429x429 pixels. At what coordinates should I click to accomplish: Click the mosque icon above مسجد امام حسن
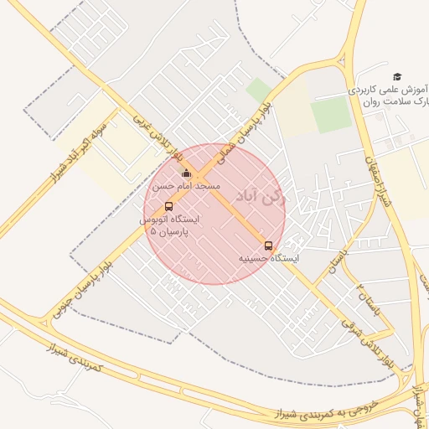[186, 173]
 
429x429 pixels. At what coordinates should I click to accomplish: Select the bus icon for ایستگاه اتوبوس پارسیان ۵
[169, 206]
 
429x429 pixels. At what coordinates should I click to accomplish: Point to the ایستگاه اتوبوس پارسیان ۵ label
[171, 224]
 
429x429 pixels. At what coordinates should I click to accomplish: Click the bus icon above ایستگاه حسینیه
[268, 246]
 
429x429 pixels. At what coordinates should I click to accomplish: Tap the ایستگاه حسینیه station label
[269, 259]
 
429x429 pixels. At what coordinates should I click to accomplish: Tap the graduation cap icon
[397, 76]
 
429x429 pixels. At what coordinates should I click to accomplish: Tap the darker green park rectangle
[331, 115]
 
